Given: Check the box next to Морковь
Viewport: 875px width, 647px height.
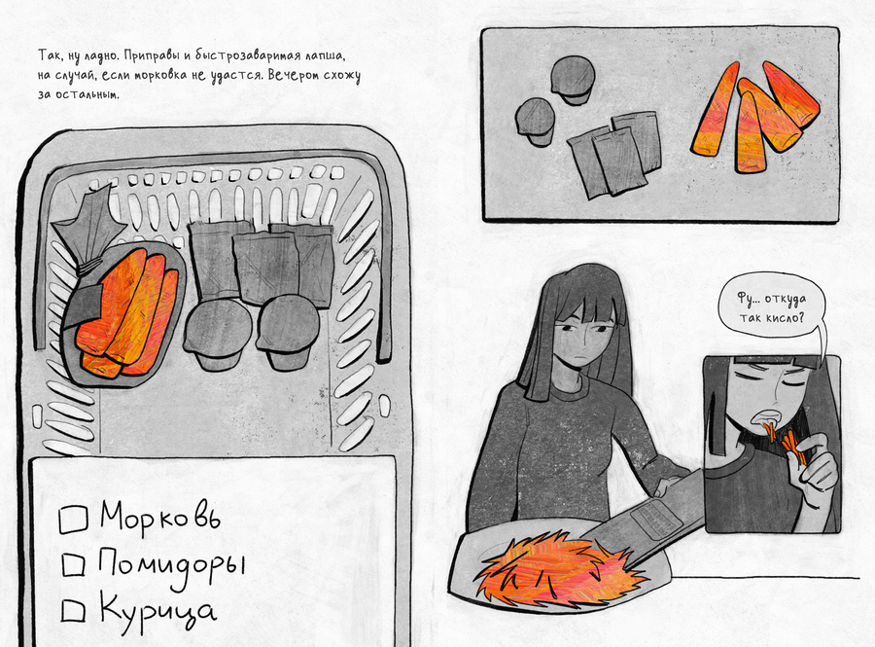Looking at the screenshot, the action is [73, 520].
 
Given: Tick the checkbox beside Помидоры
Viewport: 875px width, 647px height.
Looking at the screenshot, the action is [73, 564].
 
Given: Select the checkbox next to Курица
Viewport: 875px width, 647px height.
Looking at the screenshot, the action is [73, 610].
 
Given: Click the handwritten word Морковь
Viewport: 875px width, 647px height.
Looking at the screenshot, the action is [160, 516].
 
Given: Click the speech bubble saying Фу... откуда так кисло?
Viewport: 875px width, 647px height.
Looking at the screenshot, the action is [771, 306].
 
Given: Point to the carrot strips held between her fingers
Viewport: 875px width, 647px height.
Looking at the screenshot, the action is [794, 447].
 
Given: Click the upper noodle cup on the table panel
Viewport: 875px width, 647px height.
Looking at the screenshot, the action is [573, 80].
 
